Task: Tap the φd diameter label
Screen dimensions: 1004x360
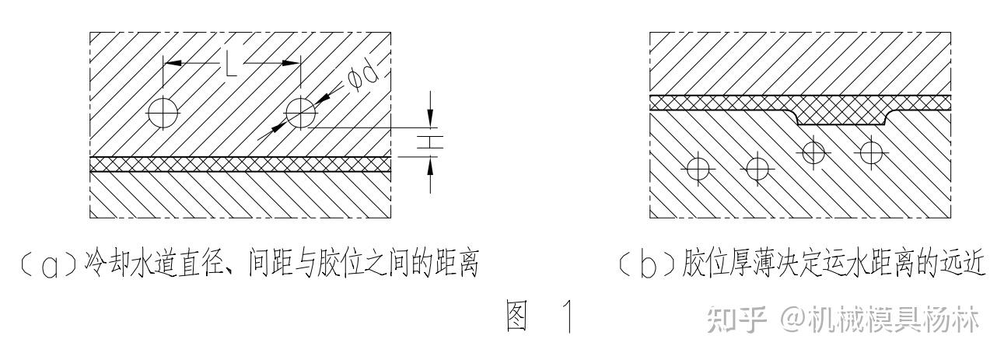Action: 362,78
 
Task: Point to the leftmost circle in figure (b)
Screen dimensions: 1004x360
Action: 698,167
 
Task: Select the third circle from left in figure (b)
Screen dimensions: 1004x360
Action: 813,151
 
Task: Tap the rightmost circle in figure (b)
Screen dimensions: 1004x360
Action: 871,151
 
